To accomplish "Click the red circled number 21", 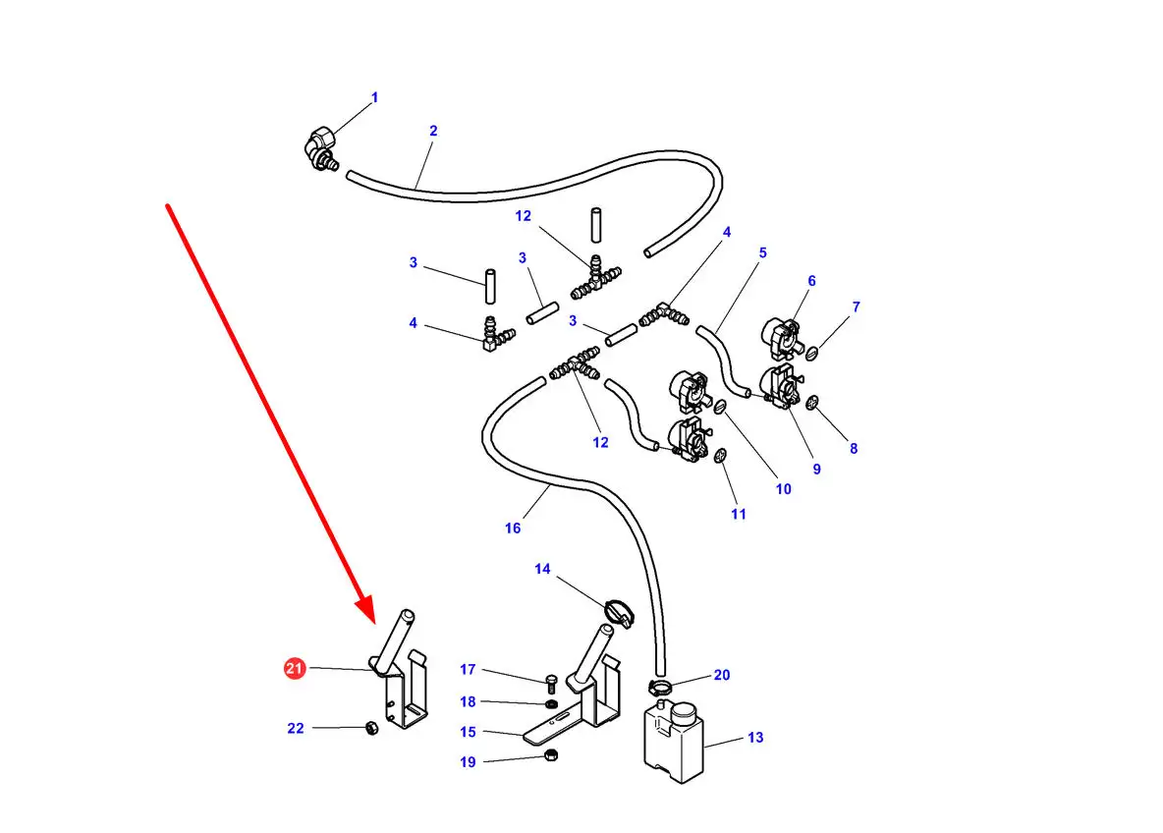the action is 295,668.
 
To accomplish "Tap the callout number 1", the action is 374,97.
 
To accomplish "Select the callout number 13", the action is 755,738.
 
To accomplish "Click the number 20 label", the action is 722,675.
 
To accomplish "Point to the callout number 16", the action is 513,528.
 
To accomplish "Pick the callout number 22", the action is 296,729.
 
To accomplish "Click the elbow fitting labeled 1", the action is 320,149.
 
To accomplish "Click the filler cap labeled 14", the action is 620,613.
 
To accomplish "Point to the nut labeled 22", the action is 371,728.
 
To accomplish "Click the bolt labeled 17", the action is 551,684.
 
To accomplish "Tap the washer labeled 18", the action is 551,703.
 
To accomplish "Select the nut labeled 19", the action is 550,755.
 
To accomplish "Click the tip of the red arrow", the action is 373,623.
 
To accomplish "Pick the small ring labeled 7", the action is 812,353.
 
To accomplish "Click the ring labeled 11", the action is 719,456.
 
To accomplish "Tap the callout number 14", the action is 542,569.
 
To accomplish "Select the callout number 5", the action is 762,252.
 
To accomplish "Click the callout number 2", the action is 433,131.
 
